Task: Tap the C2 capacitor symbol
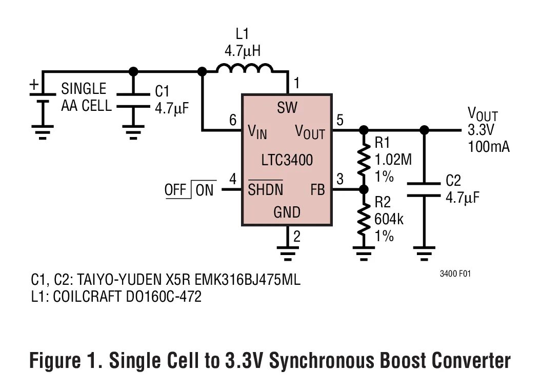coord(424,189)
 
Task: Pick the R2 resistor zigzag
coord(363,218)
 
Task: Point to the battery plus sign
coord(34,84)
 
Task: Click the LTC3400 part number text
coord(287,160)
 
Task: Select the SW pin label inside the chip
coord(287,108)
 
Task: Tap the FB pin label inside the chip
coord(317,189)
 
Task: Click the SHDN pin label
coord(266,190)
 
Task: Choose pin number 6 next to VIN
coord(233,121)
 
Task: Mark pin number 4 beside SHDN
coord(233,180)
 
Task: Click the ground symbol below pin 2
coord(287,252)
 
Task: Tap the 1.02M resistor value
coord(393,160)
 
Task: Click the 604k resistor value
coord(389,220)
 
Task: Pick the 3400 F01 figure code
coord(455,274)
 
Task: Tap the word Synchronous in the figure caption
coord(321,361)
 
